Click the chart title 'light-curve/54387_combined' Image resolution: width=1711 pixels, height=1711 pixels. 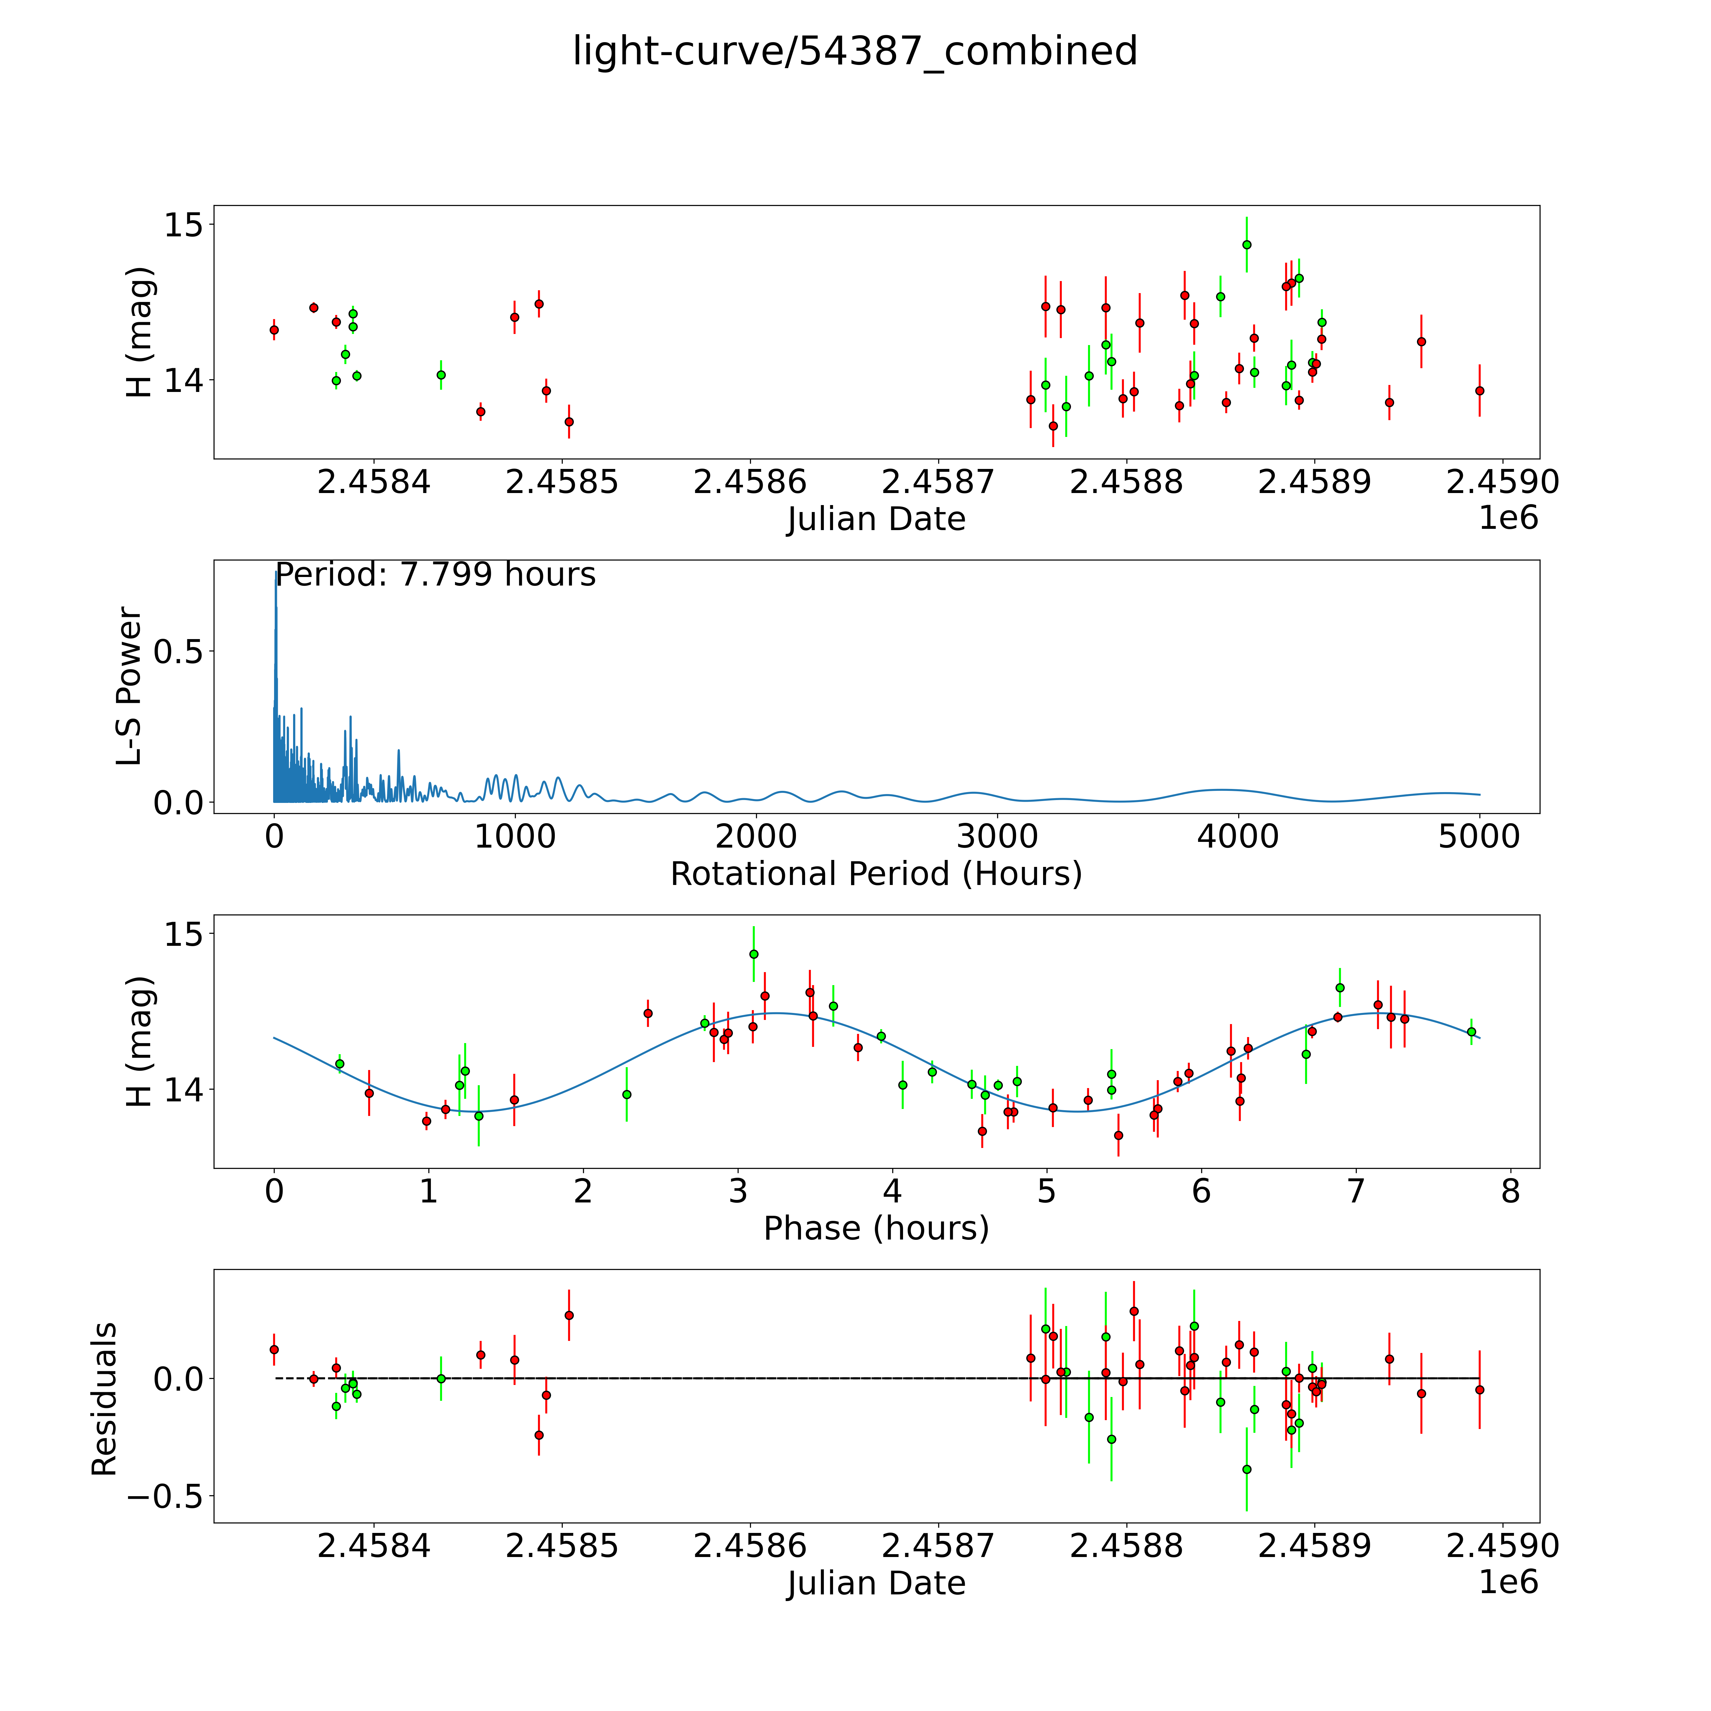(855, 51)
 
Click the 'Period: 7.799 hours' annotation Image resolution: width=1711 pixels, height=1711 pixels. (436, 575)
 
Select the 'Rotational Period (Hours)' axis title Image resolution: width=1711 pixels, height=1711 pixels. (876, 874)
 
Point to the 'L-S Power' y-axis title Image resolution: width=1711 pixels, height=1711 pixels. (129, 686)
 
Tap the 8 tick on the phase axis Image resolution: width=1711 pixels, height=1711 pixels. (1510, 1191)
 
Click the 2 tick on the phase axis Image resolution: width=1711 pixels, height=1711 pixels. (583, 1191)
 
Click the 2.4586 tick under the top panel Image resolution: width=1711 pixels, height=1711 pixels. (750, 483)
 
